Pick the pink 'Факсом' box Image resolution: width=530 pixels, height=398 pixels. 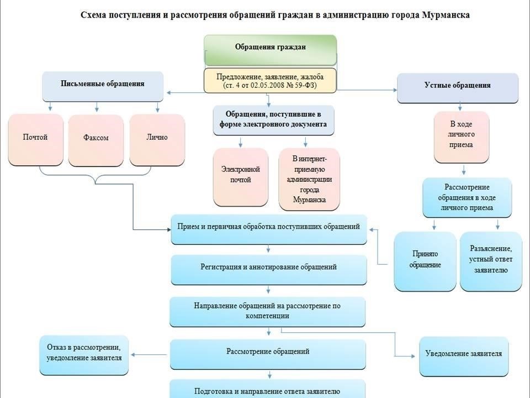tap(96, 140)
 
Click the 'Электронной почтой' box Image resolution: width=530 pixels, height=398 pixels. tap(241, 175)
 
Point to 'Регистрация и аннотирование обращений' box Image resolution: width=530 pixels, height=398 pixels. tap(269, 269)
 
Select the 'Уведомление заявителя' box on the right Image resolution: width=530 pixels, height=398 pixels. tap(464, 354)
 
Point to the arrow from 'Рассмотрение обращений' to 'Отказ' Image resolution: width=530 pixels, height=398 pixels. tap(150, 354)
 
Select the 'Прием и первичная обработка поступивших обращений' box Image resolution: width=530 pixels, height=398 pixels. tap(269, 228)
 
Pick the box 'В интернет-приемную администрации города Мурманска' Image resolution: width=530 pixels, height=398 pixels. tap(310, 179)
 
